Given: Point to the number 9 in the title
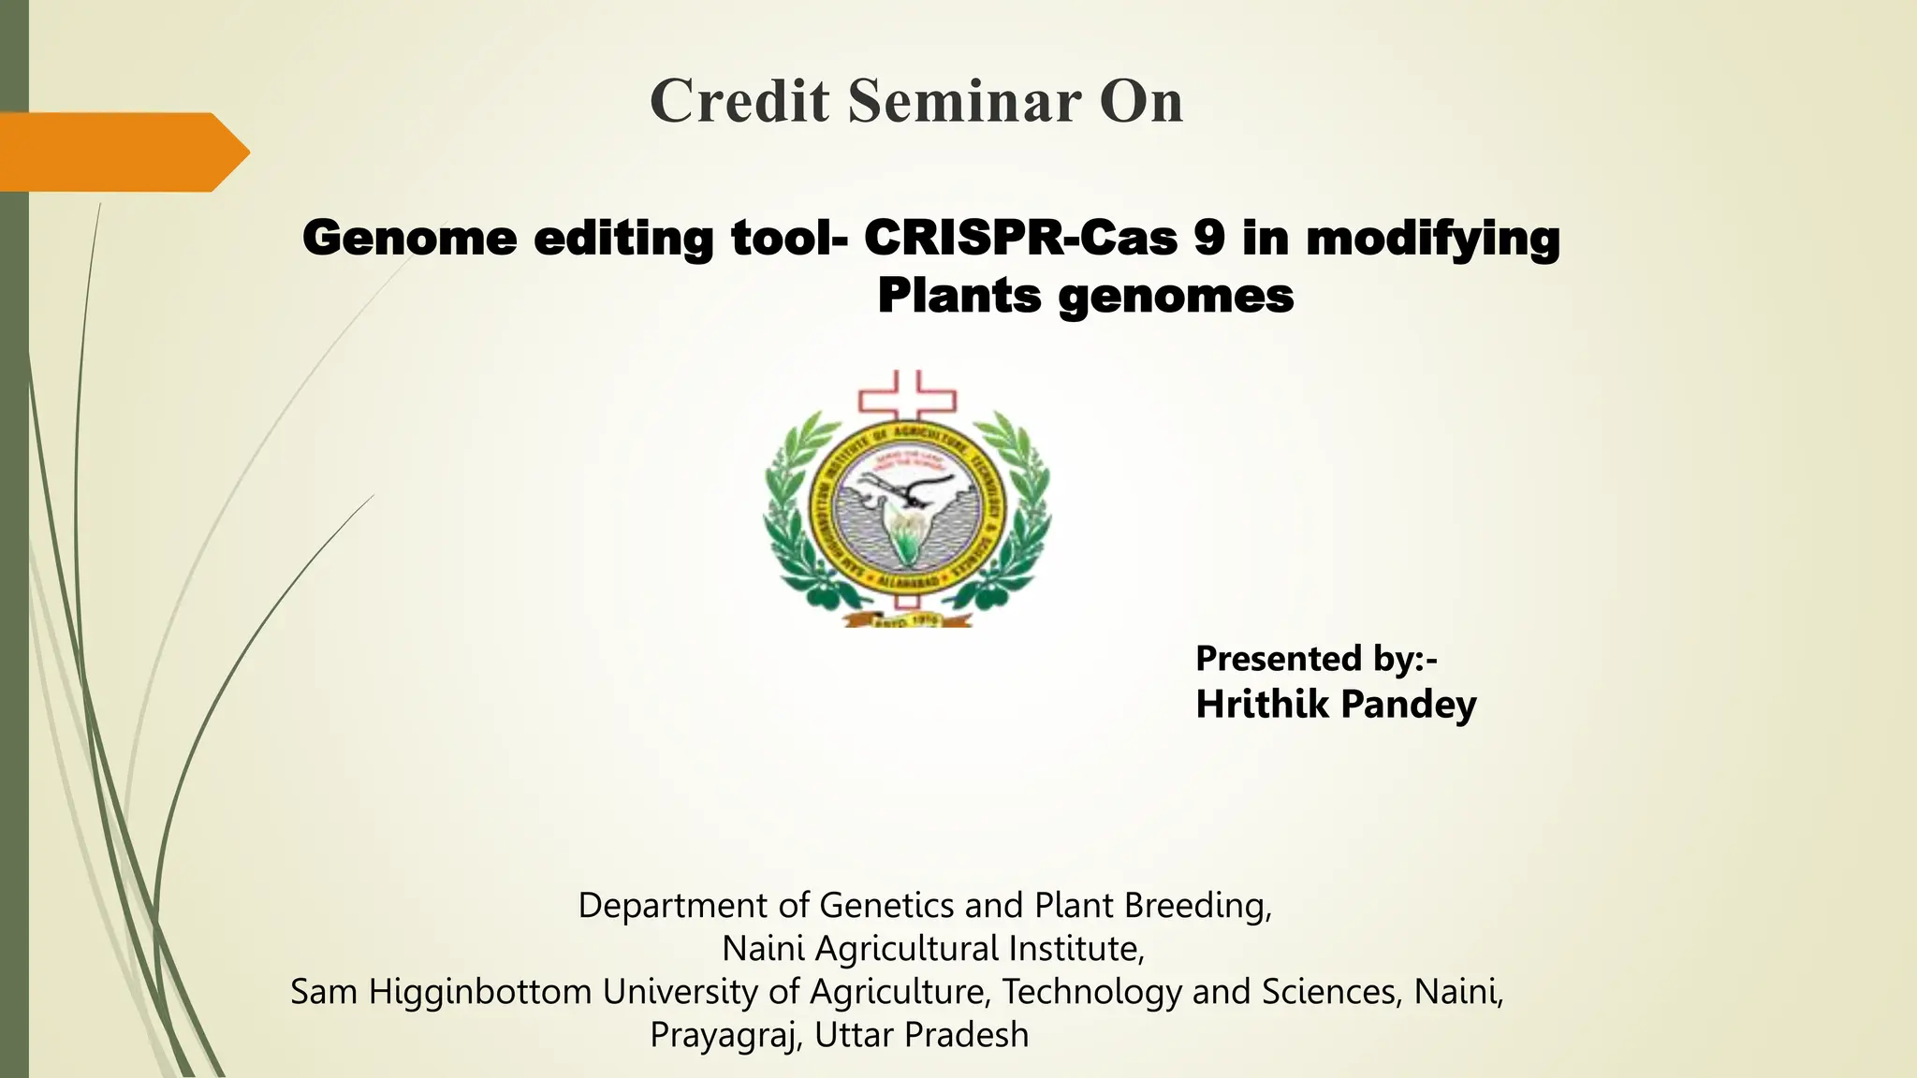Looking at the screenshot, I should tap(1208, 238).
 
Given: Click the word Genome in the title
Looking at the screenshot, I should tap(409, 238).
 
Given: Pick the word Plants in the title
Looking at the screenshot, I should tap(958, 297).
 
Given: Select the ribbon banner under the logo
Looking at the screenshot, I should tap(907, 618).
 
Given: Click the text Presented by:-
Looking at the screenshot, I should tap(1315, 659).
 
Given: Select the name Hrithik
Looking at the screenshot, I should tap(1263, 704).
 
